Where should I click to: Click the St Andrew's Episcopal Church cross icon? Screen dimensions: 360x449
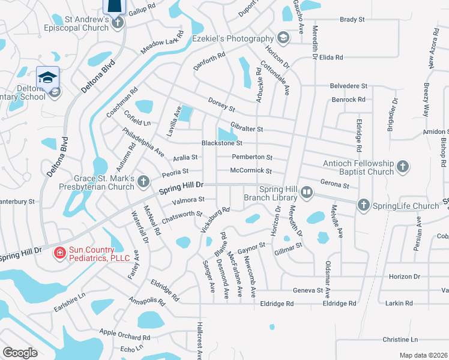[x=118, y=23]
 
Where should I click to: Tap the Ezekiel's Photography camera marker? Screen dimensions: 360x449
[x=283, y=38]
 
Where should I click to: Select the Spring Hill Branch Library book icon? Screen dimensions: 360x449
[x=307, y=193]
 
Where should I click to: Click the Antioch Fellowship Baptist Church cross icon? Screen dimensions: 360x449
[x=402, y=165]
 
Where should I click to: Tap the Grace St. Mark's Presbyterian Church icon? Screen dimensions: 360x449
[x=143, y=181]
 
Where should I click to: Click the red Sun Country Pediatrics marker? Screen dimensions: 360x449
[x=59, y=253]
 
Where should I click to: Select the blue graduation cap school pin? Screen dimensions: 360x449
[x=47, y=77]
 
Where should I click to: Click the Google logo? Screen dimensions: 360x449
[x=20, y=353]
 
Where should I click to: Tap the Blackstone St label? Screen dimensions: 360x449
[x=221, y=143]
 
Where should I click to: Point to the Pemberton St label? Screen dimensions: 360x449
[x=252, y=158]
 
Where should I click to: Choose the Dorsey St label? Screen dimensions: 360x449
[x=221, y=105]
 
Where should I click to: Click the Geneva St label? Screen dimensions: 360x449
[x=308, y=290]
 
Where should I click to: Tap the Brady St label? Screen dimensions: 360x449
[x=352, y=20]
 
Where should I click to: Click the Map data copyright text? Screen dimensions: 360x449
[x=423, y=355]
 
